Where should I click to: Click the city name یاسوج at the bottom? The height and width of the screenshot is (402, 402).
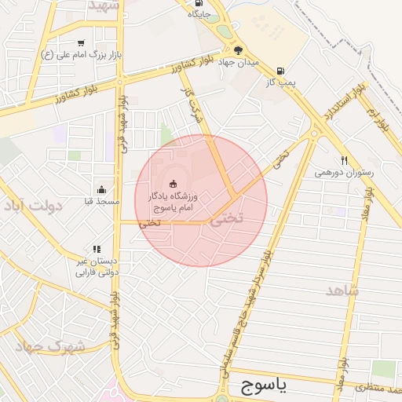tap(261, 386)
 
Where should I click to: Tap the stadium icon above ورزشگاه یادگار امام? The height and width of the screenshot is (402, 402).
tap(173, 185)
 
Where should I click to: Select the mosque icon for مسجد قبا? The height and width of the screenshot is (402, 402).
tap(101, 189)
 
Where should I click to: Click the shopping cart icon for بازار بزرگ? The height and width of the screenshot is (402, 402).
tap(81, 43)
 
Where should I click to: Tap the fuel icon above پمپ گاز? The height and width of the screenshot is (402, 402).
tap(280, 68)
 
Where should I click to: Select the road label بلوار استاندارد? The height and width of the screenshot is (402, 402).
tap(340, 102)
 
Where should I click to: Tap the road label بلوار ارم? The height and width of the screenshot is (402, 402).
tap(378, 122)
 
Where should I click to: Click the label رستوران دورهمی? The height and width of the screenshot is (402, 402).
tap(345, 172)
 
